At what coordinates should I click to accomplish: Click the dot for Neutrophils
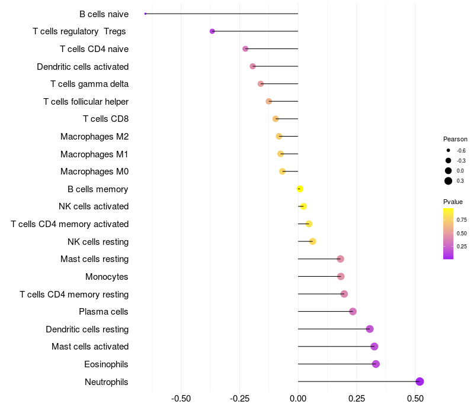coord(419,381)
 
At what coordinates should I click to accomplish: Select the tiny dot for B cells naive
coord(145,14)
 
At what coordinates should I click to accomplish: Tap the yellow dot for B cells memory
coord(300,189)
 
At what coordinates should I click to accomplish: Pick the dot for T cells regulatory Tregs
coord(212,31)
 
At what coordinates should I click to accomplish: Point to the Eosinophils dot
coord(376,364)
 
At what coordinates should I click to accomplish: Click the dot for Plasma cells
coord(353,312)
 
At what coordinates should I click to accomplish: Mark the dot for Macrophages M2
coord(279,137)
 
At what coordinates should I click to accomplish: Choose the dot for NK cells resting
coord(312,241)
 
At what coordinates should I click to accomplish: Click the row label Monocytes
coord(107,277)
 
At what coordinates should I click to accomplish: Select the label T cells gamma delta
coord(89,84)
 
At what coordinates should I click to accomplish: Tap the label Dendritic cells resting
coord(87,329)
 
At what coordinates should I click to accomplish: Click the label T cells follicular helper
coord(86,102)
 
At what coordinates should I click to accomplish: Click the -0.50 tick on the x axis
coord(181,399)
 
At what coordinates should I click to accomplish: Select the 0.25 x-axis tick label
coord(357,399)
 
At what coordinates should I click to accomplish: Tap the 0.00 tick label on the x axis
coord(298,399)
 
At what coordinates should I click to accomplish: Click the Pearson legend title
coord(455,139)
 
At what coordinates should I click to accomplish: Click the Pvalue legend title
coord(453,202)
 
